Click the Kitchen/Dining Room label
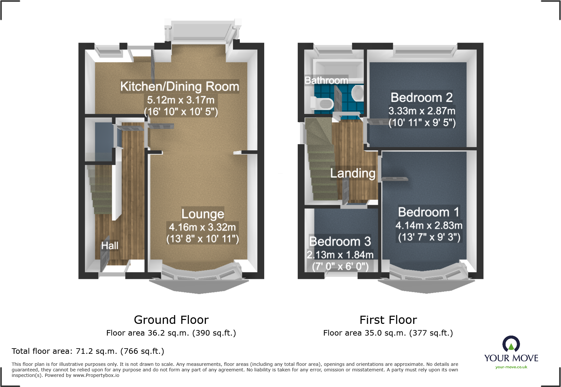click(180, 87)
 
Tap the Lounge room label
click(203, 214)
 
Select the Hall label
click(110, 246)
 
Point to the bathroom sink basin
click(358, 93)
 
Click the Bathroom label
click(326, 80)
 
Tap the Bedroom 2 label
click(422, 97)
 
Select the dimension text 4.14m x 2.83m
click(429, 225)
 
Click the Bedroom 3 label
click(340, 242)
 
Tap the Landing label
click(352, 173)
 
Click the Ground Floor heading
click(171, 320)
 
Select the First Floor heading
click(388, 320)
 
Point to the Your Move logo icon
click(511, 344)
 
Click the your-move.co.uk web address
click(511, 367)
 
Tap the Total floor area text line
click(88, 351)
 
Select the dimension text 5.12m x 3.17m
click(181, 100)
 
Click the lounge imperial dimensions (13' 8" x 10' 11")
click(203, 239)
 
